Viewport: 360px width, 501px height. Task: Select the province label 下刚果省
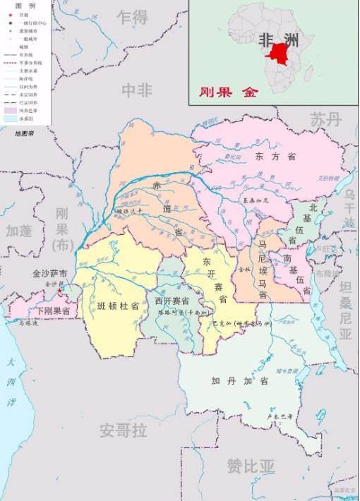(53, 310)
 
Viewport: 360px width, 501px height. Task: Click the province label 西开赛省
(172, 301)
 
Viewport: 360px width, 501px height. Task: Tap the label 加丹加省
(240, 381)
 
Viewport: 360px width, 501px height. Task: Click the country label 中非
(137, 90)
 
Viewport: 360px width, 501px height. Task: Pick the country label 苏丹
(326, 120)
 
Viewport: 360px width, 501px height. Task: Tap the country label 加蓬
(20, 231)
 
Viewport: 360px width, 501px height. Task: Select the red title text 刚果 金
(229, 92)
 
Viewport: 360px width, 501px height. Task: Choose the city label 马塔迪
(28, 324)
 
